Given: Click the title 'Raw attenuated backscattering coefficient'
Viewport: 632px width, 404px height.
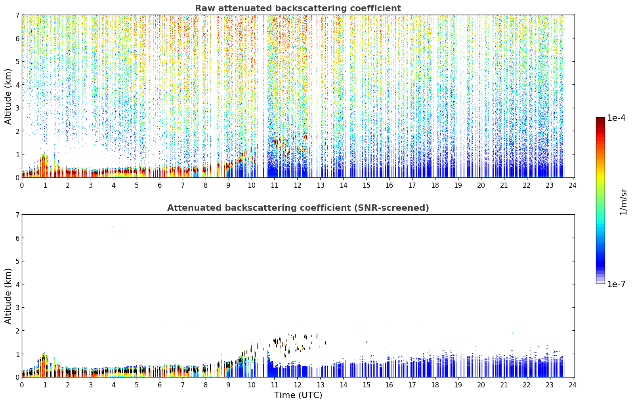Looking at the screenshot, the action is [x=298, y=8].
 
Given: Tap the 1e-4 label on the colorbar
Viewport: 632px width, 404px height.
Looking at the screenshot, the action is [x=616, y=118].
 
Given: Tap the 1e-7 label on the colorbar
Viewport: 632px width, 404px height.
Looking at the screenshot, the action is [x=616, y=284].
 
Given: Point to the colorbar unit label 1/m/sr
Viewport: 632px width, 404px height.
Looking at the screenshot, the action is [x=623, y=202].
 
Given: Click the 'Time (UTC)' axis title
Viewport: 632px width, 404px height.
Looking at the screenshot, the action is [x=298, y=395].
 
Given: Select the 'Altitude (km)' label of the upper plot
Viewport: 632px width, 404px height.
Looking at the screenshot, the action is [x=8, y=97].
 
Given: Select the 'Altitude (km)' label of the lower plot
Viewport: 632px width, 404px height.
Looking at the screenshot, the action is [x=8, y=296].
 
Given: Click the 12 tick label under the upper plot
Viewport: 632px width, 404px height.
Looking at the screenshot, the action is [x=298, y=185].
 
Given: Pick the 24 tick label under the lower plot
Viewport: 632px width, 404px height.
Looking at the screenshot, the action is [x=573, y=385].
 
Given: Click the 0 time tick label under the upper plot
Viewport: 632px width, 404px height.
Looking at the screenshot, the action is [x=22, y=185].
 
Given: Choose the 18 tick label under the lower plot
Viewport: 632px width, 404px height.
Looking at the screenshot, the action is [x=435, y=385].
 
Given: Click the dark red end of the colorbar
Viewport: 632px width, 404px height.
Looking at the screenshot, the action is [x=600, y=119].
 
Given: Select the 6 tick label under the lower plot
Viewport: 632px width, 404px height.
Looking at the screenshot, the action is [x=160, y=385].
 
